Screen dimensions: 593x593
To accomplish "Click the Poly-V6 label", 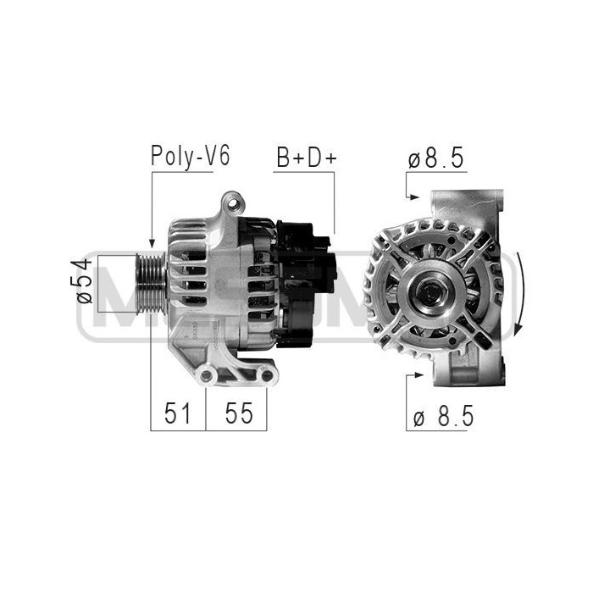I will click(x=191, y=157).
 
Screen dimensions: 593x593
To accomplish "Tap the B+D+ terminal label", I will click(x=305, y=158).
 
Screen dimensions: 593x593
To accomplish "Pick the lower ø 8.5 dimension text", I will click(x=442, y=415).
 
